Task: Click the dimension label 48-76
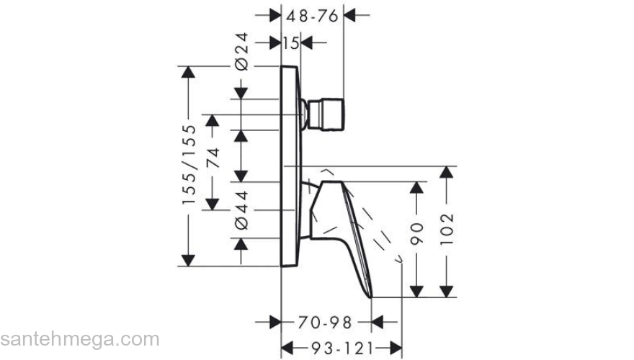312,16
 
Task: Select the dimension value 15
291,42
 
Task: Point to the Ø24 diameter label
241,52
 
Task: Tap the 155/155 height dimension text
189,164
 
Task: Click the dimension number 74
213,158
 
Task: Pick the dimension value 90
416,233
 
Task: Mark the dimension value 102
447,229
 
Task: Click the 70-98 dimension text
325,323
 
